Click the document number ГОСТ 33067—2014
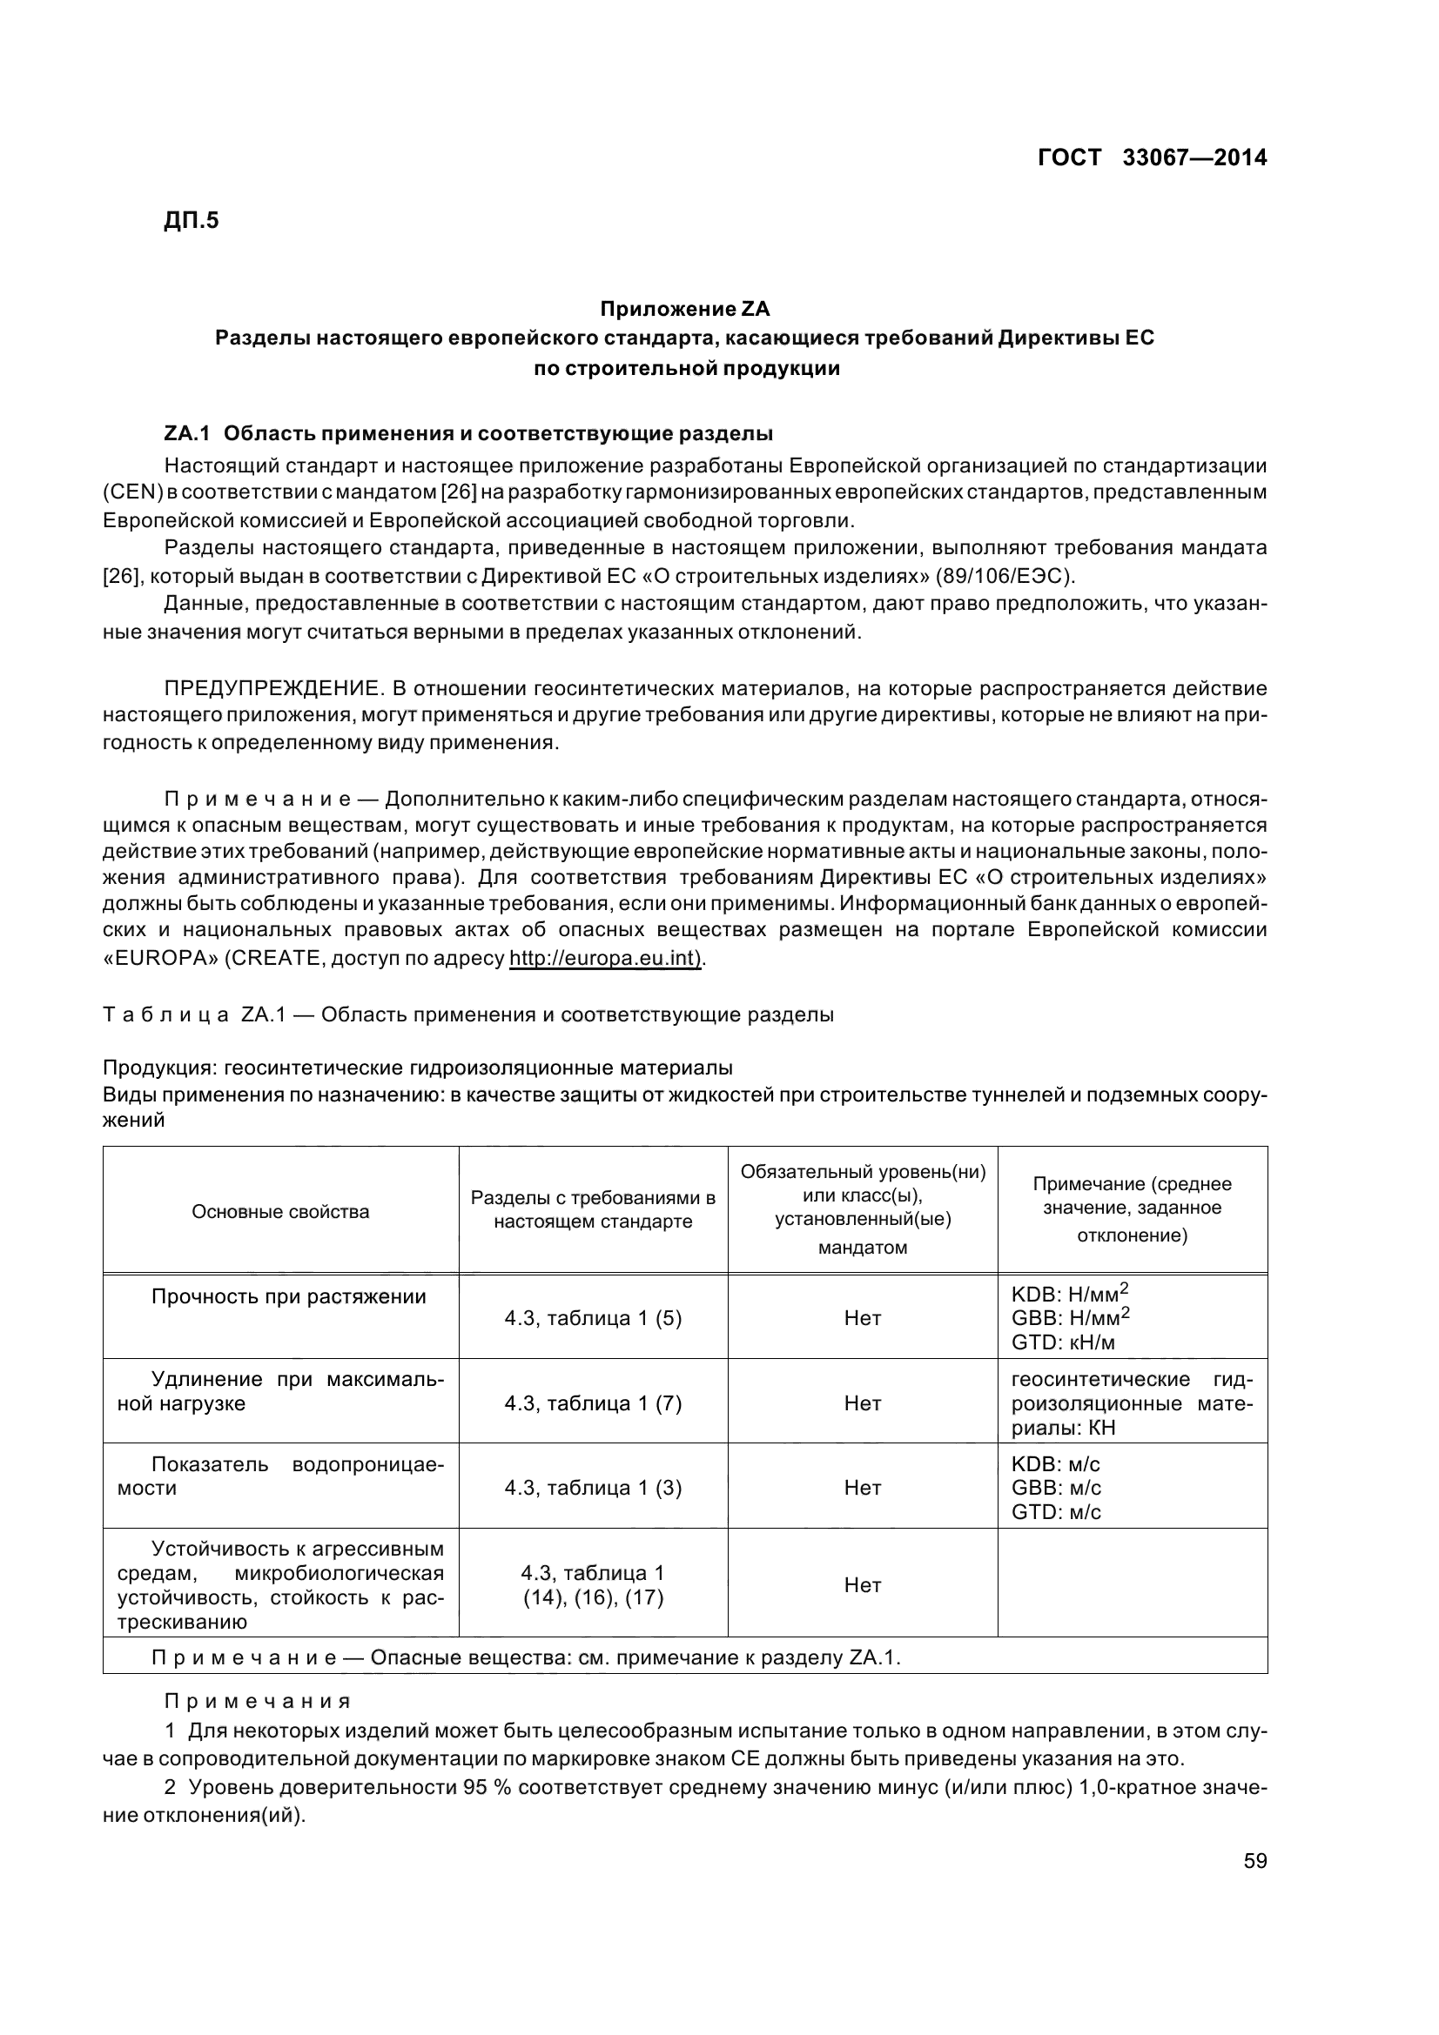click(1152, 157)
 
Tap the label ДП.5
click(191, 220)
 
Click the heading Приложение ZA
click(684, 310)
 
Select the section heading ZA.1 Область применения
click(468, 433)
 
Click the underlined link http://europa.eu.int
click(605, 958)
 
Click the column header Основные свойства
click(280, 1212)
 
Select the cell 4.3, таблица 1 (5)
click(593, 1318)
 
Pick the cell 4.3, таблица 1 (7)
click(593, 1403)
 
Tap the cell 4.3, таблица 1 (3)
click(593, 1487)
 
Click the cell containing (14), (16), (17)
click(593, 1598)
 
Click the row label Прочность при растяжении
click(288, 1296)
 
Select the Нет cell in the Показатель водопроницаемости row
click(862, 1487)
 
